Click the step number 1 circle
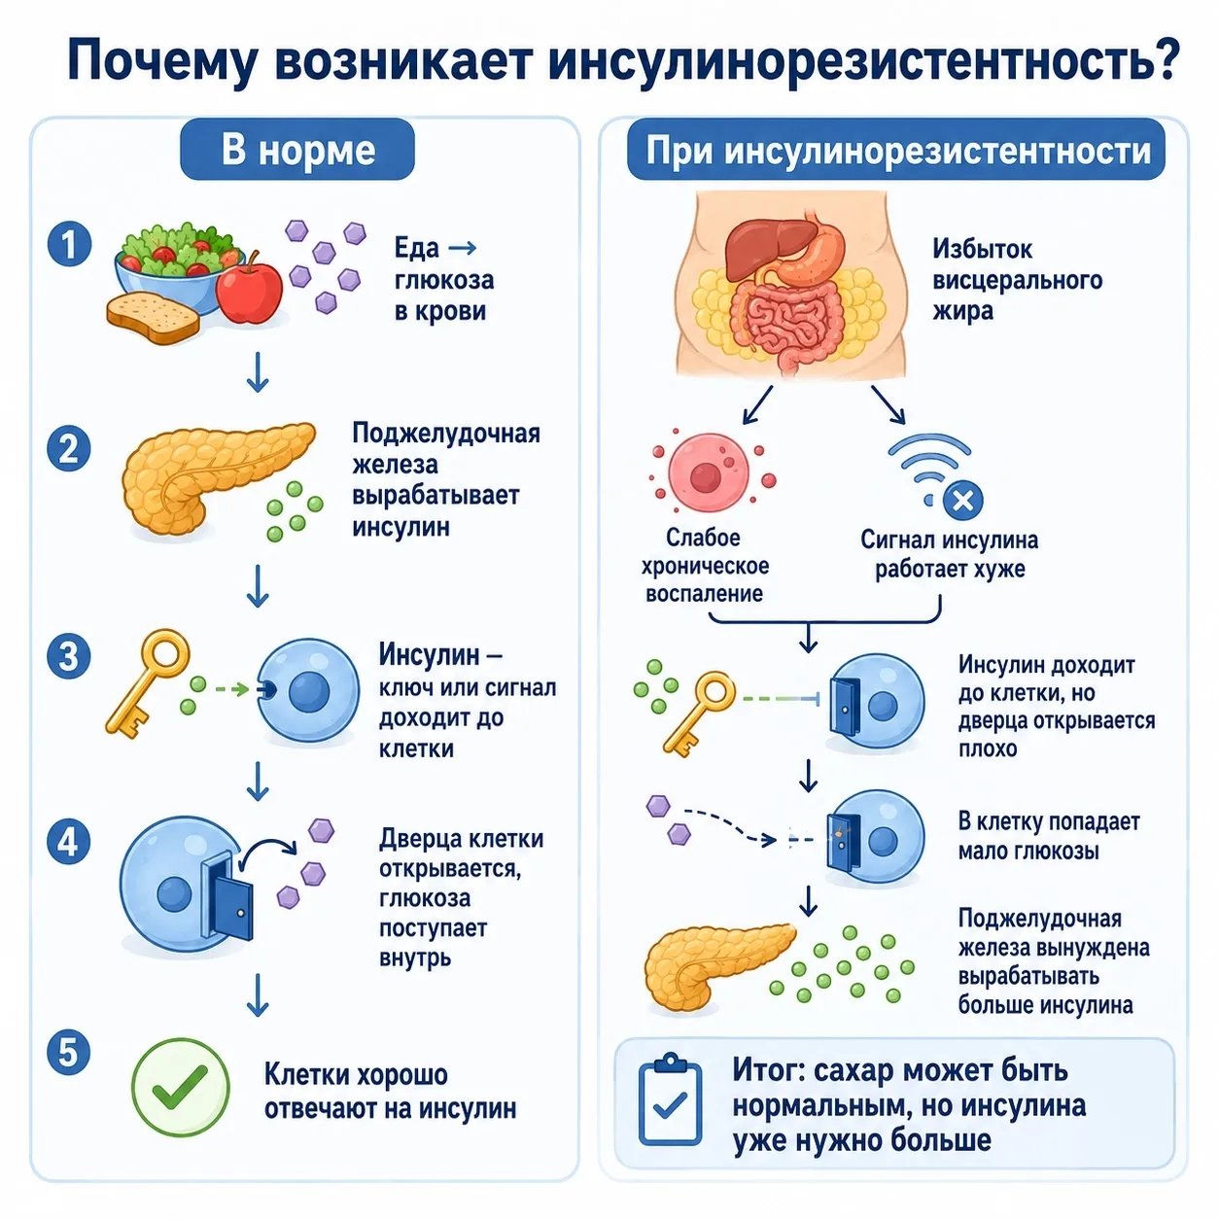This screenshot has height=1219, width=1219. pos(70,244)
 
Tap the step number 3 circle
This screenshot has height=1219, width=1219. pos(70,656)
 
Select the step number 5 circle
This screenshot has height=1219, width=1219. pos(70,1053)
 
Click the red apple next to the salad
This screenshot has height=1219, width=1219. pos(249,288)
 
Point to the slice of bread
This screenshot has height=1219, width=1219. pos(153,318)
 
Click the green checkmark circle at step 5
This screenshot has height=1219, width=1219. pos(180,1088)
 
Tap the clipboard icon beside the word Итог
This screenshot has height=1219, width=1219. pos(670,1100)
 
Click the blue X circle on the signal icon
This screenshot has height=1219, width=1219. pos(962,502)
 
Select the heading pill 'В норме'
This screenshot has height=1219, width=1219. pos(297,150)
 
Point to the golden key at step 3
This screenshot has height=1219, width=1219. pos(148,683)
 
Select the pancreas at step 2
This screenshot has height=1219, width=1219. pos(219,477)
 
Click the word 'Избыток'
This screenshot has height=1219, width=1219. pos(983,249)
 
